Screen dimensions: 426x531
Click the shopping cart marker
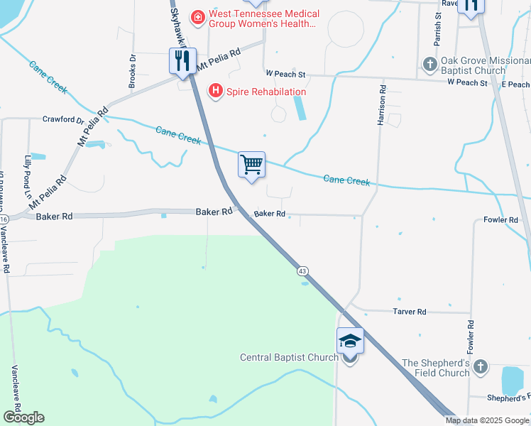point(252,165)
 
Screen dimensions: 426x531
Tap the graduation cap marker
point(351,342)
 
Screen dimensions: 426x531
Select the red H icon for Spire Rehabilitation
point(214,91)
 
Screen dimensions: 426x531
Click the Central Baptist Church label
point(289,357)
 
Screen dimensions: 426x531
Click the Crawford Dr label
point(63,120)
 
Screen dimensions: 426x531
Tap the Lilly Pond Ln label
point(28,171)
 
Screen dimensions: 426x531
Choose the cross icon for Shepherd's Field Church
point(481,366)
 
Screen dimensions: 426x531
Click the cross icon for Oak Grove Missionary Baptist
point(429,64)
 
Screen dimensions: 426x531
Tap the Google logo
point(23,417)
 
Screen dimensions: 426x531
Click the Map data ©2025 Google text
point(488,420)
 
